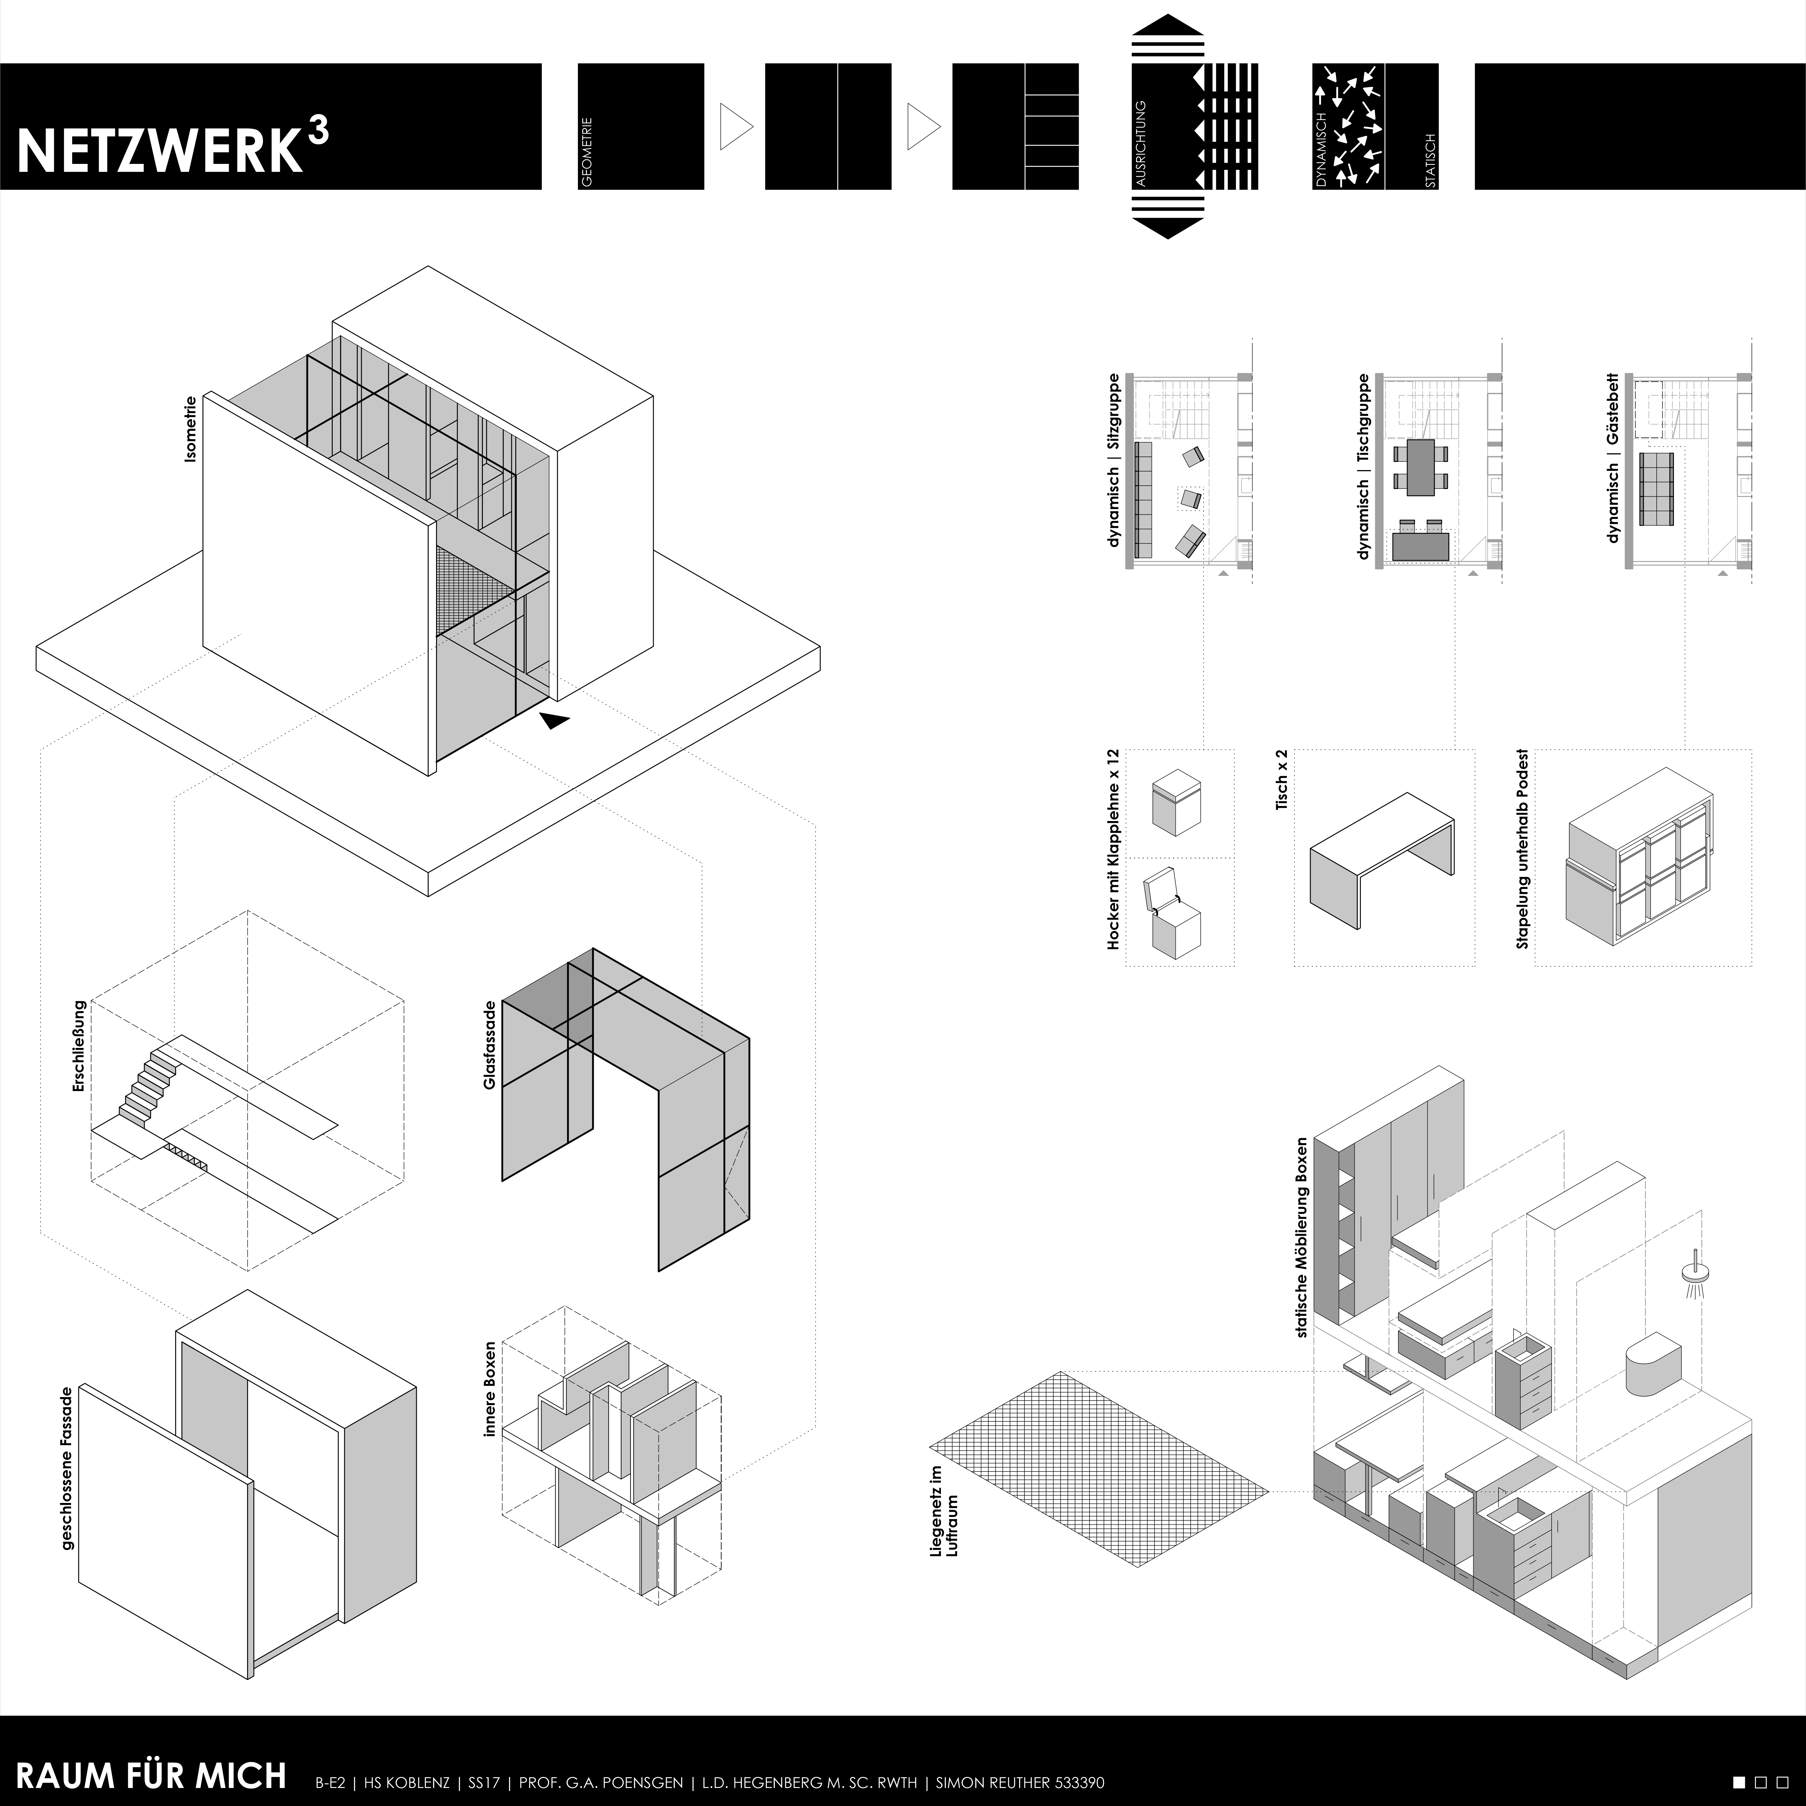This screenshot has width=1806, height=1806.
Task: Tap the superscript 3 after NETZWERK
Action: (317, 133)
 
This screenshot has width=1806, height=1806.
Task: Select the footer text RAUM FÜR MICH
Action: (151, 1775)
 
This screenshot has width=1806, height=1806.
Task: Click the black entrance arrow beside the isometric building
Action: (553, 720)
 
